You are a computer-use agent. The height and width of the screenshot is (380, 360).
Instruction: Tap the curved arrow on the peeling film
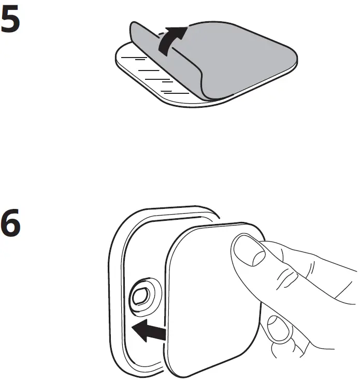(170, 41)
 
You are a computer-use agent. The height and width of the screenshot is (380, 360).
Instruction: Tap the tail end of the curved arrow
(164, 53)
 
